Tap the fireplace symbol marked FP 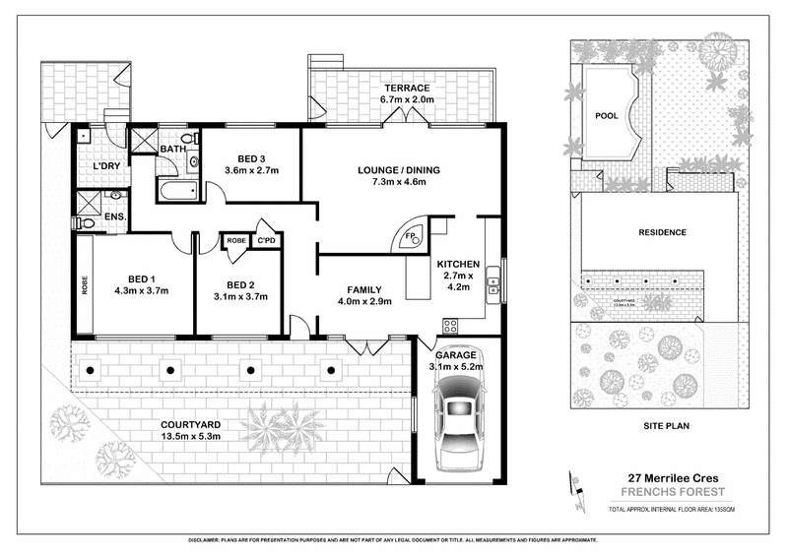[x=410, y=237]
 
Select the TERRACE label [x=407, y=88]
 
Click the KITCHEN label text [x=458, y=265]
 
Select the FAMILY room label [x=363, y=289]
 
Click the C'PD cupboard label [x=266, y=240]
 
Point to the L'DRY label [x=106, y=166]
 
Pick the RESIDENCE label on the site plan [x=662, y=232]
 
